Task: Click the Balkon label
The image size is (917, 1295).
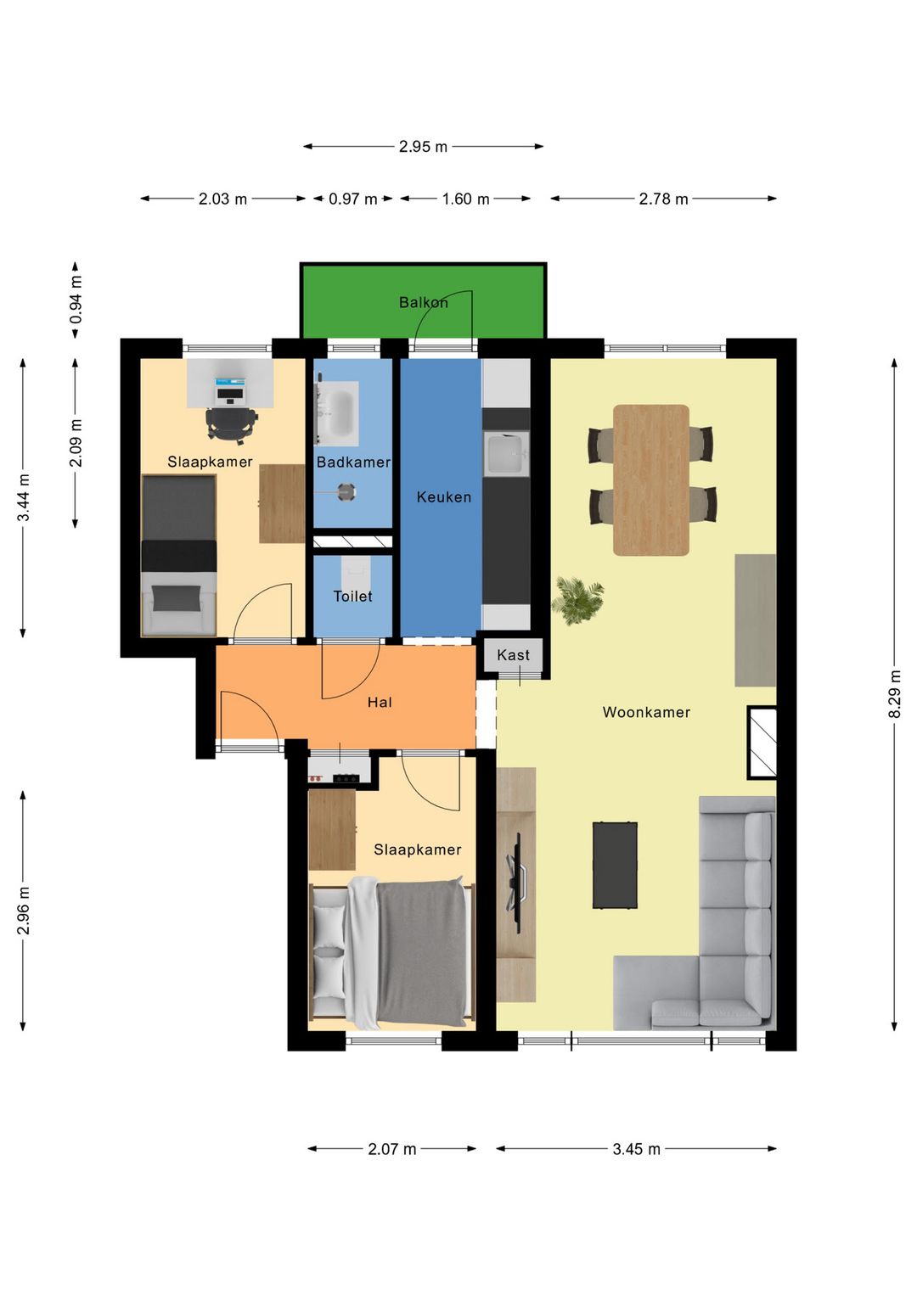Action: coord(424,302)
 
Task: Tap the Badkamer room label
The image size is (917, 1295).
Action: coord(353,462)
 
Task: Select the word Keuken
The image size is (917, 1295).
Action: coord(444,496)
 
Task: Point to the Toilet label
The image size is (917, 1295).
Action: coord(352,596)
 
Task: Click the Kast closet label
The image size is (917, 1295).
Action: coord(513,654)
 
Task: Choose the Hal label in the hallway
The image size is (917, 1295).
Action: coord(380,702)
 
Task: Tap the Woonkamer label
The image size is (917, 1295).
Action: coord(646,712)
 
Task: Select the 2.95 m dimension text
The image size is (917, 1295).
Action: coord(423,147)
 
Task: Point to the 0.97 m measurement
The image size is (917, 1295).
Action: coord(353,199)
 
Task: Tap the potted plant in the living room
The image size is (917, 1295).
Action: coord(577,600)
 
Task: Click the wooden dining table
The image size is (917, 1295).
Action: coord(651,479)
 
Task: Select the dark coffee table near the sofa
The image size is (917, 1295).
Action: coord(615,865)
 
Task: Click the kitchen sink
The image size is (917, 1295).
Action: coord(506,455)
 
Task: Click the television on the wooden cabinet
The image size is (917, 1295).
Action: coord(516,883)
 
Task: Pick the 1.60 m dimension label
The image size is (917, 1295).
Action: coord(466,199)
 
